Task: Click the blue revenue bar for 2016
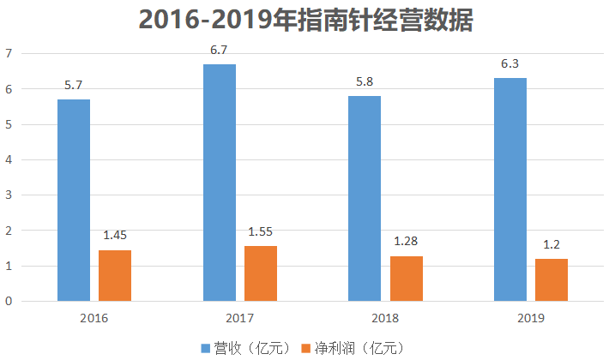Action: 74,200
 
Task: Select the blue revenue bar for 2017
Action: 220,183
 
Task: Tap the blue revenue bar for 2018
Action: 365,198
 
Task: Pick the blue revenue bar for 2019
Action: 510,189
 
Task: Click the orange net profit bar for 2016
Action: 115,275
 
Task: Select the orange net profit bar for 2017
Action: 261,273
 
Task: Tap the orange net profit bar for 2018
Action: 406,279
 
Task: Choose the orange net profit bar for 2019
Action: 552,279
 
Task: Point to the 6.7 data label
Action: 220,50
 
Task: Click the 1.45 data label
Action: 115,235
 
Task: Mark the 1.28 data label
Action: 406,241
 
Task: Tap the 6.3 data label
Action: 510,63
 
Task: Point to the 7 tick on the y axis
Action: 9,53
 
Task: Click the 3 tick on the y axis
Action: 9,195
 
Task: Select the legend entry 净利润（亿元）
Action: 352,347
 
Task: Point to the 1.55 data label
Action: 261,231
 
